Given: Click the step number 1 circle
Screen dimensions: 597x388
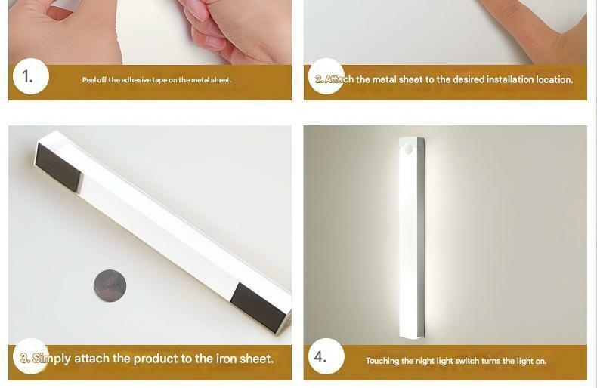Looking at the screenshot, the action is click(31, 76).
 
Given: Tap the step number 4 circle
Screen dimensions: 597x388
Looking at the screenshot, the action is click(326, 356).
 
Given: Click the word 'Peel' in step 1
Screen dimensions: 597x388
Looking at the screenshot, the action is click(88, 80).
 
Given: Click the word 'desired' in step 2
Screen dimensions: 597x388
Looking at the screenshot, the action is click(469, 79).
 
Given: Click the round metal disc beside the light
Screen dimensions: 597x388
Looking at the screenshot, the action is click(110, 285).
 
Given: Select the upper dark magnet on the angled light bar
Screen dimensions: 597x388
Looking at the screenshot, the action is click(58, 168).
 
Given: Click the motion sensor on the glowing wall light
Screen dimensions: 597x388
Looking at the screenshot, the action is click(410, 149).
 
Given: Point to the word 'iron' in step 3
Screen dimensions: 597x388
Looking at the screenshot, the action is click(227, 359).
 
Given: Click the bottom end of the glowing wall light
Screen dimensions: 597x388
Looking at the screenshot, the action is click(413, 337).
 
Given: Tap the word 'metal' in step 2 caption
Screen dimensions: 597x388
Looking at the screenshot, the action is click(383, 79).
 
